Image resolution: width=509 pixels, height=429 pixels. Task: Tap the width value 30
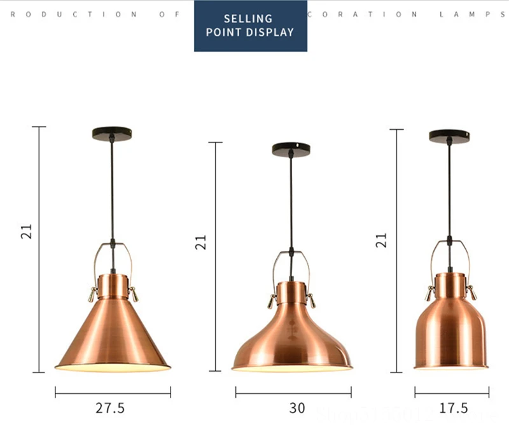pos(297,408)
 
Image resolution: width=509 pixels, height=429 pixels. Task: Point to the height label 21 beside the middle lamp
pos(202,241)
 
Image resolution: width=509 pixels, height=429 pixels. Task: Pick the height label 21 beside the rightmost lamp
pos(381,239)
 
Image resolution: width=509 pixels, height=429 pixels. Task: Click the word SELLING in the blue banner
pos(248,19)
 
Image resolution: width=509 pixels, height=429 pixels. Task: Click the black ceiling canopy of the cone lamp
pos(111,133)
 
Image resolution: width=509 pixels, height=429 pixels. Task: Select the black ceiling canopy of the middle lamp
pos(291,148)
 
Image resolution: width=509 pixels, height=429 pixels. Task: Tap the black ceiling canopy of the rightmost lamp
pos(449,135)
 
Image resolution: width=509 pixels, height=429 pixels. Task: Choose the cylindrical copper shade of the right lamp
pos(450,331)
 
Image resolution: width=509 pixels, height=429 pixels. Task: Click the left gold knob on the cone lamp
pos(92,293)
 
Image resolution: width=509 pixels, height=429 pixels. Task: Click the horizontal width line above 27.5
pos(113,393)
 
